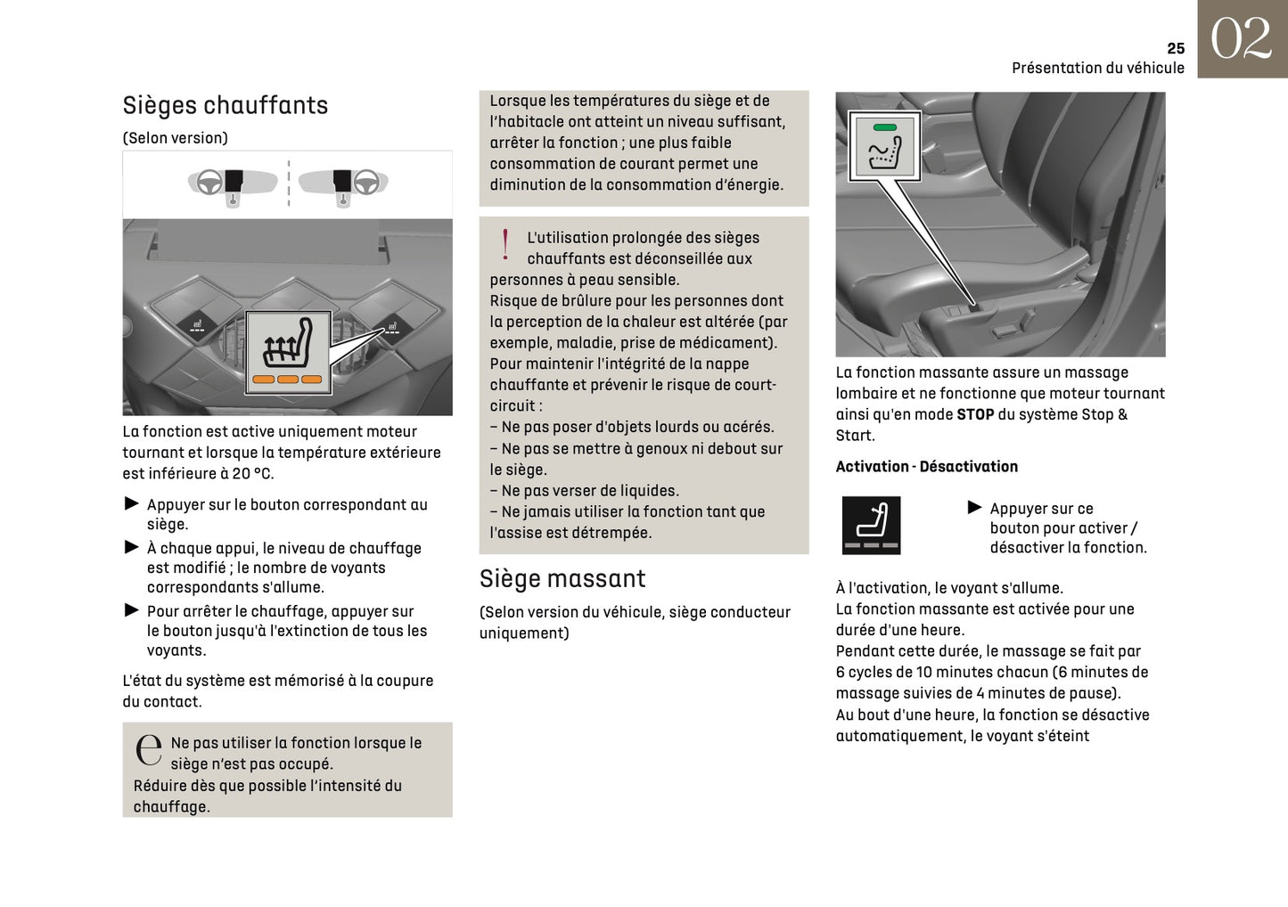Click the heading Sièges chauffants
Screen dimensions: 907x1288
[x=225, y=105]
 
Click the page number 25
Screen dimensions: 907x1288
[x=1175, y=48]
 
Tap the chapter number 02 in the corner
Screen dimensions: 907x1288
[x=1241, y=39]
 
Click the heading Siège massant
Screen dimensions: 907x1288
[x=562, y=578]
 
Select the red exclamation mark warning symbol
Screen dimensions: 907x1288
[x=505, y=244]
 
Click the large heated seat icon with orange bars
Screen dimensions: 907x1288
[x=287, y=352]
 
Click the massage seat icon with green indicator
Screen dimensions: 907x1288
[x=884, y=147]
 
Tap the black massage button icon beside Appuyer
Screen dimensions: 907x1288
[x=871, y=526]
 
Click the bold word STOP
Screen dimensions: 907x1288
[x=974, y=414]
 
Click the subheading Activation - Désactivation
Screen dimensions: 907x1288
[x=926, y=466]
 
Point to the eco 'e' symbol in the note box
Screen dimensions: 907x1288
[x=148, y=750]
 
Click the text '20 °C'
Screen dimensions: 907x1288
[x=252, y=473]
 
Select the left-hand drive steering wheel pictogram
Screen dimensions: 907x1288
[x=209, y=183]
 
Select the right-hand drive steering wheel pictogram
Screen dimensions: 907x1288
[x=365, y=183]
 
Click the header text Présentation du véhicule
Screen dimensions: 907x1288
[x=1097, y=68]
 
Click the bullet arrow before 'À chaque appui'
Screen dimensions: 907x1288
[x=132, y=547]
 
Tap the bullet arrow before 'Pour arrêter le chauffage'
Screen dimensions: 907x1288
[x=132, y=610]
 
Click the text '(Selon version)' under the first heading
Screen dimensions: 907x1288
[x=175, y=138]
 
